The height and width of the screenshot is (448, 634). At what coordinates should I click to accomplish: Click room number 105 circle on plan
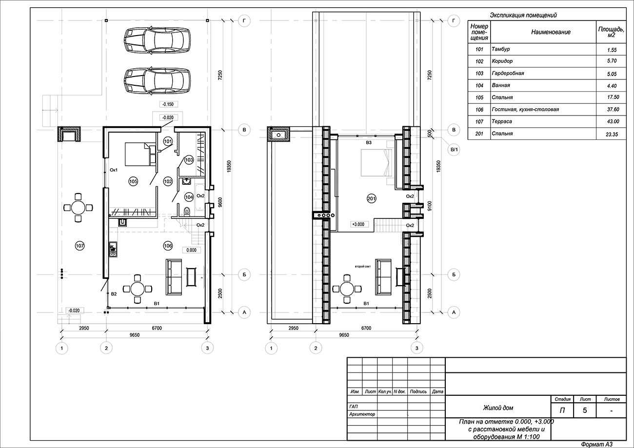click(133, 181)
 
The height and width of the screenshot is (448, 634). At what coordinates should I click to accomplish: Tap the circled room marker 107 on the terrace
click(80, 246)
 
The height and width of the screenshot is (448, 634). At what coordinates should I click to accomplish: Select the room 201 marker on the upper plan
click(371, 198)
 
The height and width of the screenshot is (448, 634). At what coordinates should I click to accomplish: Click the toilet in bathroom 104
click(187, 211)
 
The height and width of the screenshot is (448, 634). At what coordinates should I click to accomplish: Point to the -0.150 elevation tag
click(168, 104)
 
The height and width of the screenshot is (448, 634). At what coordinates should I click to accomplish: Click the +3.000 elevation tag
click(358, 224)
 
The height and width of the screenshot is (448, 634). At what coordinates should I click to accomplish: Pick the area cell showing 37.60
click(613, 109)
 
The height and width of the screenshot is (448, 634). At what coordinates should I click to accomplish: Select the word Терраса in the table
click(501, 121)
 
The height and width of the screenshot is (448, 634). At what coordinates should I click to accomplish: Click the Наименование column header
click(551, 32)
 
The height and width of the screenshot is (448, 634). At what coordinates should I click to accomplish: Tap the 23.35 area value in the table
click(612, 135)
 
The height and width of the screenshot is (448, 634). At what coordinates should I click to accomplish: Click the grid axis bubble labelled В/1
click(454, 149)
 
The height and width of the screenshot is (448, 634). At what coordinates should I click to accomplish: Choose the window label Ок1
click(114, 170)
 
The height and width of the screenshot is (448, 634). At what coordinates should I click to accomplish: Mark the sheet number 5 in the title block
click(585, 410)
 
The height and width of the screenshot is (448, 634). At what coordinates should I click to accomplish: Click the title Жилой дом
click(498, 408)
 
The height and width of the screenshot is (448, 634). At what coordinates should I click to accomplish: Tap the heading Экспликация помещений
click(523, 15)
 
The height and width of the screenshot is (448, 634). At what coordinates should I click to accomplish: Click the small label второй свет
click(362, 267)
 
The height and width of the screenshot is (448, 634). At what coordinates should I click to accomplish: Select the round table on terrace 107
click(78, 208)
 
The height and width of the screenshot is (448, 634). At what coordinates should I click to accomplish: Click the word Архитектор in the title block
click(362, 414)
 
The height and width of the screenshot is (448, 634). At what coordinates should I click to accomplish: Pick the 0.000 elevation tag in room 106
click(192, 250)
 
